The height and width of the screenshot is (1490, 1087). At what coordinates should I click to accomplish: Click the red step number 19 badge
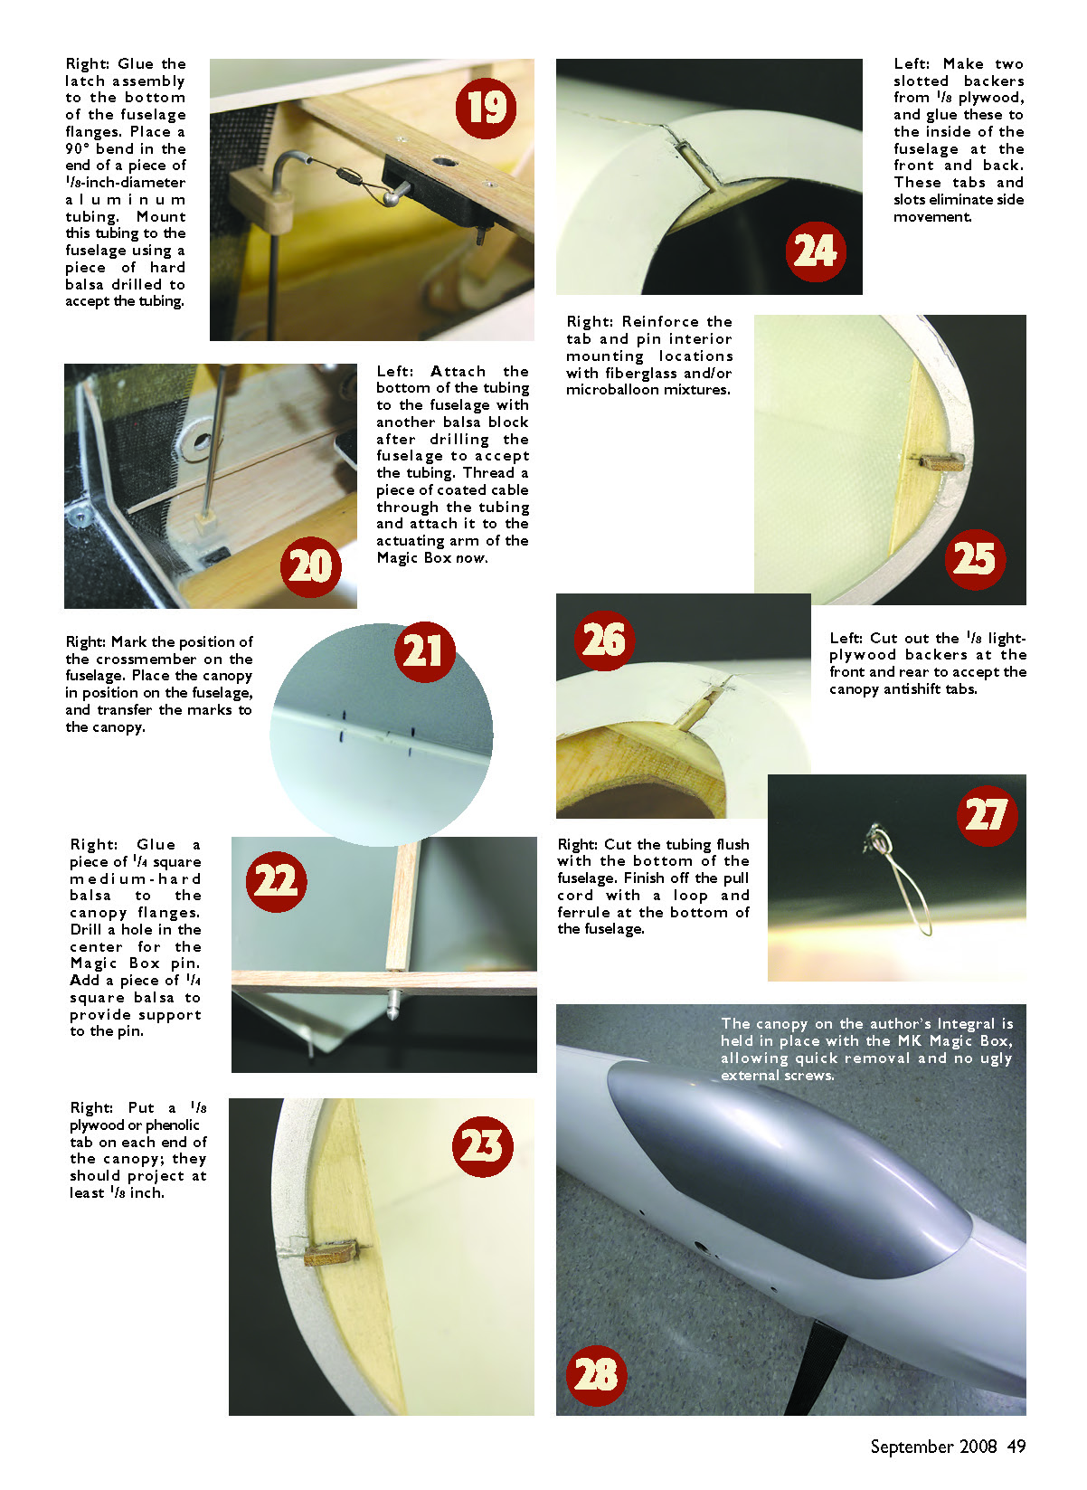486,108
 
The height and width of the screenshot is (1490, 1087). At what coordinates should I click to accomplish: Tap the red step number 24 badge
815,251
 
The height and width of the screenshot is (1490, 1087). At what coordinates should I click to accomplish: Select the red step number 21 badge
424,651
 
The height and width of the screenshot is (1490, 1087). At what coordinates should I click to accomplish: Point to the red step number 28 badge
596,1375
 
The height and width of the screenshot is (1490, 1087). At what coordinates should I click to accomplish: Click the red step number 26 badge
604,640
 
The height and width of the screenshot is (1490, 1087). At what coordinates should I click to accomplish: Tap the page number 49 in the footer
1016,1446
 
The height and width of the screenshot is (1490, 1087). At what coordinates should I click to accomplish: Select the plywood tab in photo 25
941,461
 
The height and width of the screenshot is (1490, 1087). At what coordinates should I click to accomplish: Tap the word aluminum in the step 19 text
125,200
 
